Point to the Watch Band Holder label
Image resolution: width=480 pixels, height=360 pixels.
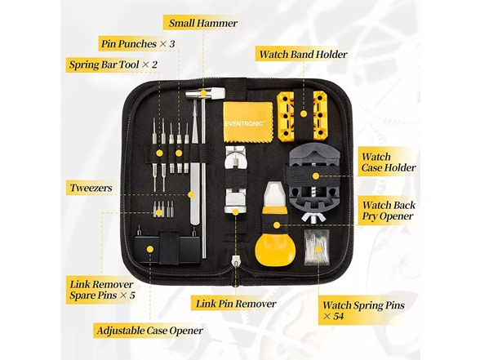pos(303,56)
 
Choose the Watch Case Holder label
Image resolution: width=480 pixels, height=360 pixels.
pos(389,162)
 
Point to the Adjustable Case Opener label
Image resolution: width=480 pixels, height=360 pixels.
pos(149,331)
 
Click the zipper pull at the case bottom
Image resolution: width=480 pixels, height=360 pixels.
pos(235,263)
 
